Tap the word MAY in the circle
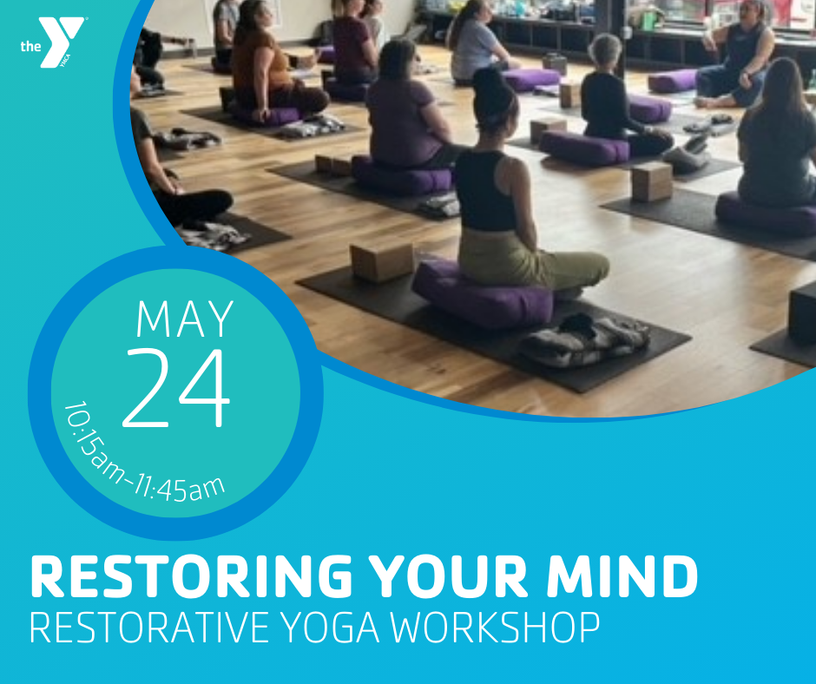pyautogui.click(x=185, y=319)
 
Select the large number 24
pyautogui.click(x=176, y=388)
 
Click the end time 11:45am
pyautogui.click(x=180, y=490)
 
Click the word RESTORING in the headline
pyautogui.click(x=192, y=576)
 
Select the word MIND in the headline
pyautogui.click(x=622, y=576)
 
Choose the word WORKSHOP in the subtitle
pyautogui.click(x=496, y=628)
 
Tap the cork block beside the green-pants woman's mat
pyautogui.click(x=383, y=262)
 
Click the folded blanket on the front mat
pyautogui.click(x=585, y=339)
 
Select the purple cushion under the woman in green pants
pyautogui.click(x=483, y=293)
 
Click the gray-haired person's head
pyautogui.click(x=605, y=50)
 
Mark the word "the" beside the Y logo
pyautogui.click(x=30, y=46)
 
